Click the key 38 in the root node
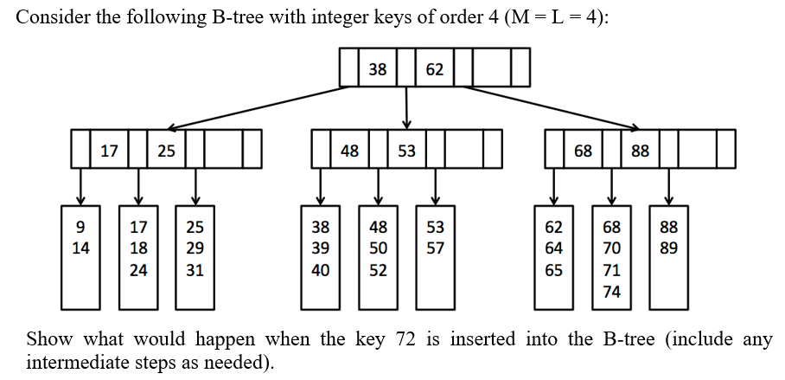378,68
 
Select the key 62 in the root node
434,68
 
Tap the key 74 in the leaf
611,292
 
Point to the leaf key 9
81,228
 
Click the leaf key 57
435,249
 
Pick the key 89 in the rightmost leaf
668,249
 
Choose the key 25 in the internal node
166,151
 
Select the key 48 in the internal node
349,151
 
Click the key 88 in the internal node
640,151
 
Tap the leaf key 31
195,270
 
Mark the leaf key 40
320,270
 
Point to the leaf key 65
553,270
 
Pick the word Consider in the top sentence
50,18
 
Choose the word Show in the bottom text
48,339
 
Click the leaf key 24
138,270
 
